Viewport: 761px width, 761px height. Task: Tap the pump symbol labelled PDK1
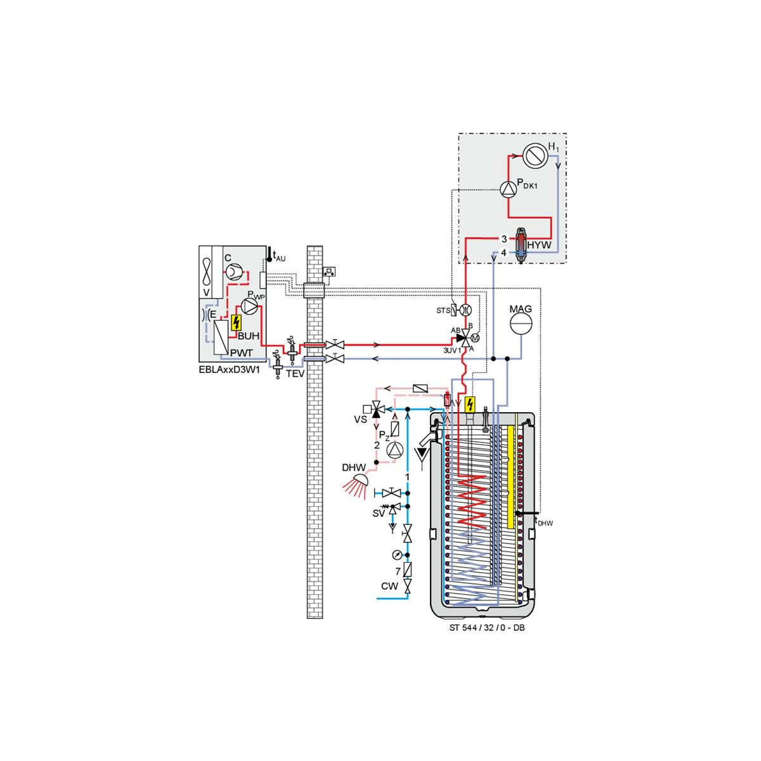[x=508, y=190]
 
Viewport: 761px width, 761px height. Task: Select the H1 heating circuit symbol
[x=535, y=156]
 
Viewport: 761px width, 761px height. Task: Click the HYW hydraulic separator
[x=521, y=245]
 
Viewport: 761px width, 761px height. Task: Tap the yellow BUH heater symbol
[x=236, y=323]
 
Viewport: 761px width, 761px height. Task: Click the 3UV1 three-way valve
[x=465, y=338]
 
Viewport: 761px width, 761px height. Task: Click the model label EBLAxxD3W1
[x=229, y=371]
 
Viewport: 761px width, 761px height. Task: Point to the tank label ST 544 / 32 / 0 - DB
[x=487, y=628]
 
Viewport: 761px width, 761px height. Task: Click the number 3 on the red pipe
[x=504, y=239]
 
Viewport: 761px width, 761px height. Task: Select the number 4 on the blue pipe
[x=504, y=252]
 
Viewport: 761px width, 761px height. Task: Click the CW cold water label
[x=389, y=586]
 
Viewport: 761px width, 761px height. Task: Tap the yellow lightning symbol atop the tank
[x=470, y=405]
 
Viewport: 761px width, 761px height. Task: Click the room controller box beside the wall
[x=329, y=271]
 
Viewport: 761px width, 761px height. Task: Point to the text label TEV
[x=296, y=374]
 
